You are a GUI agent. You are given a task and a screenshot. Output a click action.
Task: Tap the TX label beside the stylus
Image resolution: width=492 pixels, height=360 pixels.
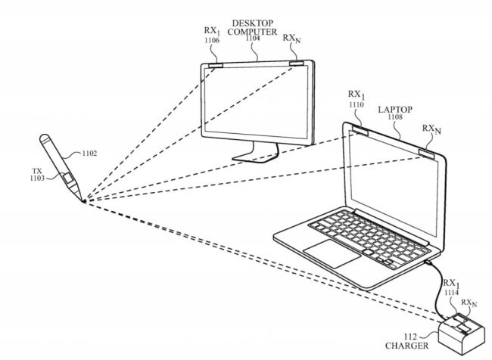[38, 170]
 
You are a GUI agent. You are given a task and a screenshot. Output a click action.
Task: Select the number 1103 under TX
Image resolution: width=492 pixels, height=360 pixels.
[36, 178]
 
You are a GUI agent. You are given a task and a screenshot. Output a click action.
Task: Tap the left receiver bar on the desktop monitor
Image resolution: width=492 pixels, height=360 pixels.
[215, 66]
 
